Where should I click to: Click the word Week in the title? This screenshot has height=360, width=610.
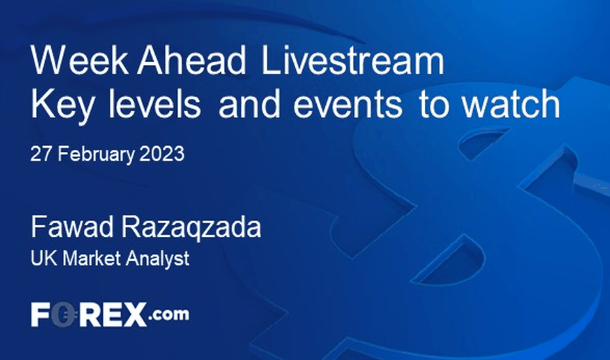pos(80,60)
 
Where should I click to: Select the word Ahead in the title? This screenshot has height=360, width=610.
pos(192,60)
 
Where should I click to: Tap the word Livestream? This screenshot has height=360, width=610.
pos(353,60)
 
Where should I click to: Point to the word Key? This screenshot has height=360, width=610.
pos(62,105)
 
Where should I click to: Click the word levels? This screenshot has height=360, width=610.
pos(154,103)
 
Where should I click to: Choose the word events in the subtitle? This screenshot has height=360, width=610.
pos(348,104)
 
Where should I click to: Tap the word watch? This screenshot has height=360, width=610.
pos(511,103)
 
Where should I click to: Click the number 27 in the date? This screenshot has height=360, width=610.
pos(41,154)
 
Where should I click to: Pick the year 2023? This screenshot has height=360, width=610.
pos(162,154)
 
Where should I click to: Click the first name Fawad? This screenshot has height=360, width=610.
pos(73,228)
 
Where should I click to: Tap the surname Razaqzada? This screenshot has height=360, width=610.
pos(192,228)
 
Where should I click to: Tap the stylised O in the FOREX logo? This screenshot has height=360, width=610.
pos(63,314)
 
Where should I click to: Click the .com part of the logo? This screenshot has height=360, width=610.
pos(169,314)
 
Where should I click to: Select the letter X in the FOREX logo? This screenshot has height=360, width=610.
pos(134,314)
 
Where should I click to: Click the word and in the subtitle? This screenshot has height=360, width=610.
pos(249,103)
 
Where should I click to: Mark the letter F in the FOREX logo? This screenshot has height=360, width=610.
pos(41,314)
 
